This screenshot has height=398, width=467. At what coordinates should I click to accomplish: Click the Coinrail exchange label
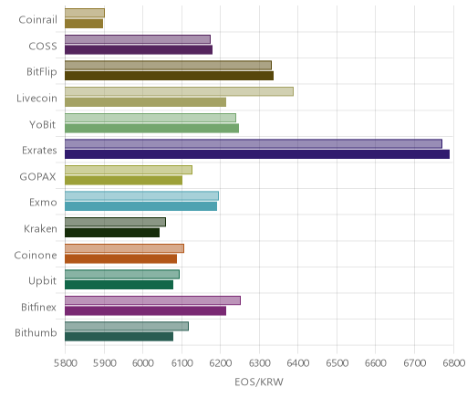37,20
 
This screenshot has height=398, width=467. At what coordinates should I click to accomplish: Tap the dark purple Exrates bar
257,154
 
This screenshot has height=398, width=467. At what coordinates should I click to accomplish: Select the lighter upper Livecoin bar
179,91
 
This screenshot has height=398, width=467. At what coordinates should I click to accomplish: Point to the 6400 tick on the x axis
297,363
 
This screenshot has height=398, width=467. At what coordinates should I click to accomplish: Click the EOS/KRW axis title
259,382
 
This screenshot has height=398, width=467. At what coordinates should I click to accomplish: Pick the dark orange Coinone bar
120,259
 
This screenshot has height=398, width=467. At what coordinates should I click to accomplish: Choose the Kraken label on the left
40,228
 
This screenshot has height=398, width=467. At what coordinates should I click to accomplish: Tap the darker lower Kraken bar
112,233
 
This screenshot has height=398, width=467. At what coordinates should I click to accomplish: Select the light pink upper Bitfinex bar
152,300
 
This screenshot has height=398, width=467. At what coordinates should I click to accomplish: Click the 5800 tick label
66,363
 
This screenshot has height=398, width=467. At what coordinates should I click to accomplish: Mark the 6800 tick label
453,363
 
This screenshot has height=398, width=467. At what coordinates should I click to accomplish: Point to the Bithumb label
36,333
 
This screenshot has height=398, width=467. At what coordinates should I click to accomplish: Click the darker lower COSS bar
139,49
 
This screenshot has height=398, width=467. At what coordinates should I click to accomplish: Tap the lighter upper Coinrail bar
85,13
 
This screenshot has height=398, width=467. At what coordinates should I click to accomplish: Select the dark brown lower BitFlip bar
169,76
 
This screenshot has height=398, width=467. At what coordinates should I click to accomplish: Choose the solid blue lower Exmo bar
140,206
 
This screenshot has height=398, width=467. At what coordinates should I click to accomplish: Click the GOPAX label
37,177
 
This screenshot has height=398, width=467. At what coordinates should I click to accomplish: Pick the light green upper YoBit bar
150,118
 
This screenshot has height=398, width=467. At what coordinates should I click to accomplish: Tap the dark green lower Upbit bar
119,285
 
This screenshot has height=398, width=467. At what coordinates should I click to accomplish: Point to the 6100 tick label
182,363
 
